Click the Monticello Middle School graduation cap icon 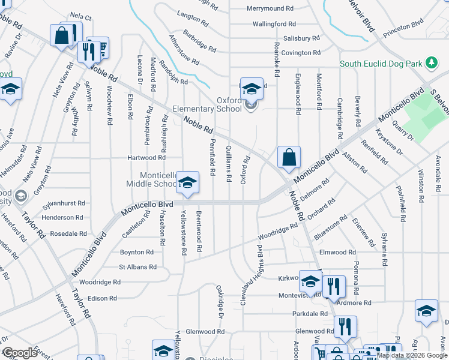pos(188,182)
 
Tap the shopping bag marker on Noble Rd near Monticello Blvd pos(289,157)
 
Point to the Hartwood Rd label pos(146,158)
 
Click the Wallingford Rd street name pos(274,24)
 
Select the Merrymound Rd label pos(270,9)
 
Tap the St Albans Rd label pos(137,267)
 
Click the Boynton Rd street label pos(137,253)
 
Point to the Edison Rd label pos(101,298)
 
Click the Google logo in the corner pos(20,353)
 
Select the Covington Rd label pos(305,53)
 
